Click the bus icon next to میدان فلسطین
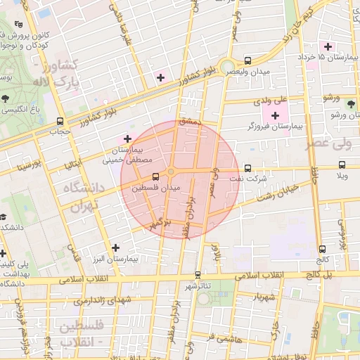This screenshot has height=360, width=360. pos(153,176)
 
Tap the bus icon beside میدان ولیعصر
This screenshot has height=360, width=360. pos(247,60)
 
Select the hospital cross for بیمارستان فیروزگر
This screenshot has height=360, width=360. pos(275,115)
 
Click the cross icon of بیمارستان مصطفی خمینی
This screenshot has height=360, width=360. pos(127,139)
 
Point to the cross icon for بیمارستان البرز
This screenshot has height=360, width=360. pos(115,247)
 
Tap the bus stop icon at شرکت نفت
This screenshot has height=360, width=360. pos(247,167)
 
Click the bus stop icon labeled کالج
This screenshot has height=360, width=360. pos(322,248)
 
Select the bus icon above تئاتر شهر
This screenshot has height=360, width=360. pos(198,274)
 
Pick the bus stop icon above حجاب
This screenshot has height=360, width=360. pos(60,120)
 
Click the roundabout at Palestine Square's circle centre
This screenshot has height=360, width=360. pos(171,171)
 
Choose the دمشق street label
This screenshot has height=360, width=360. pos(190,122)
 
